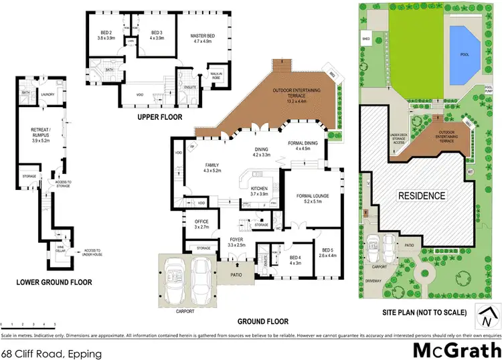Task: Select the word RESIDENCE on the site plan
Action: coord(422,196)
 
